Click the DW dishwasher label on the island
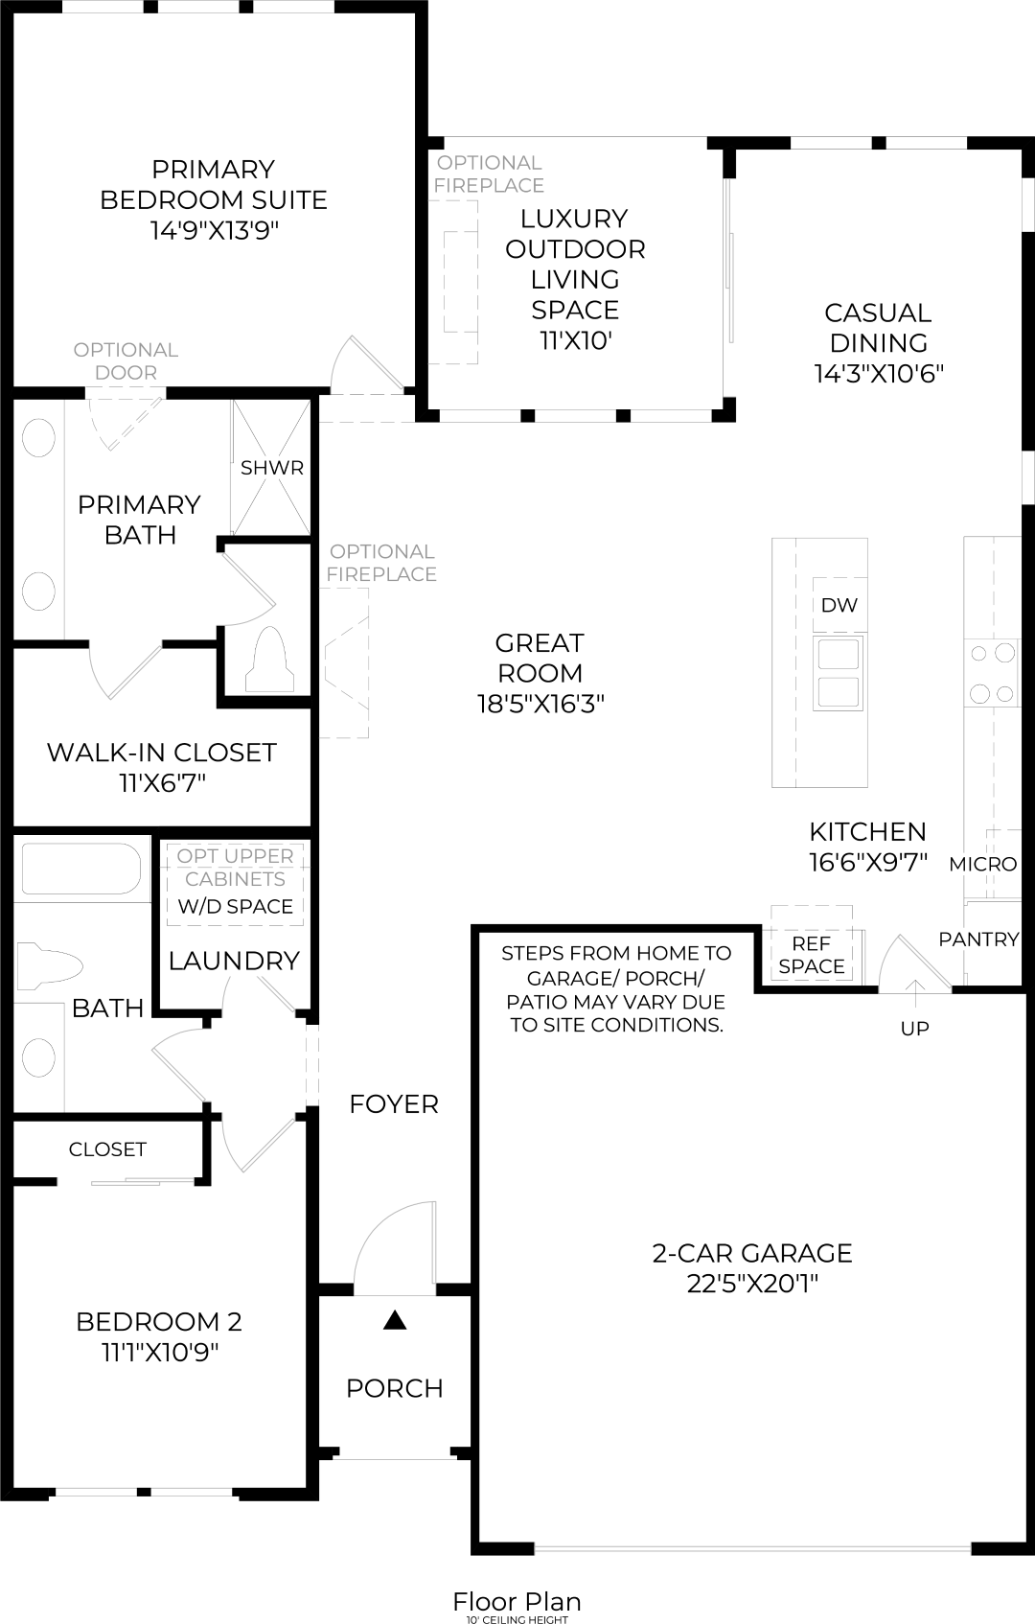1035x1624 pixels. [x=839, y=605]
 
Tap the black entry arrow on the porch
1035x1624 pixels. [x=395, y=1321]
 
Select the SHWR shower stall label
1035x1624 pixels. [x=272, y=468]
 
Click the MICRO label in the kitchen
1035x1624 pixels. [x=982, y=864]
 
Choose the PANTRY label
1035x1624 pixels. [x=978, y=940]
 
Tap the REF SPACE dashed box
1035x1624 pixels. [x=812, y=955]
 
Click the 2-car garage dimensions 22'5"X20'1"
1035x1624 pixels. [x=752, y=1284]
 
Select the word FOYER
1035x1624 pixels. [x=394, y=1104]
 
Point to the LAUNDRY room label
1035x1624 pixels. [x=234, y=961]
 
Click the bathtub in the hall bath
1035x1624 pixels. [x=80, y=870]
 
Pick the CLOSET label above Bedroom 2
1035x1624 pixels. [x=107, y=1148]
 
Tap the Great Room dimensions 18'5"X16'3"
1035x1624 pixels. [x=540, y=705]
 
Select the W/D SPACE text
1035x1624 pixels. [x=236, y=906]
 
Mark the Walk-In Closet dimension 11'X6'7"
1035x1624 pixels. [x=162, y=783]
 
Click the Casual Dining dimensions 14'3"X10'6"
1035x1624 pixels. [x=879, y=374]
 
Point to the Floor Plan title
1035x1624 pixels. [x=517, y=1601]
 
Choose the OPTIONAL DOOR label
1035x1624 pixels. [x=126, y=361]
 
